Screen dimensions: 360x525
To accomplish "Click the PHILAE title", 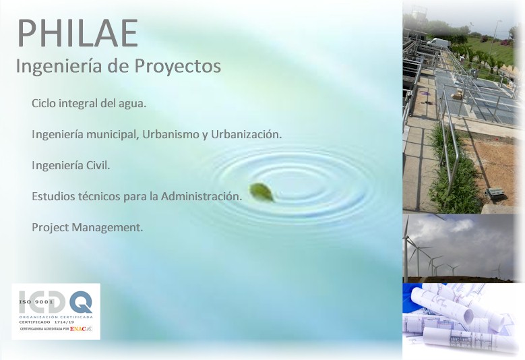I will pos(78,34).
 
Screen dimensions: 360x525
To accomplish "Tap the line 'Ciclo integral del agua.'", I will pos(89,104).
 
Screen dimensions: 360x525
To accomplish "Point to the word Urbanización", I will pos(246,134).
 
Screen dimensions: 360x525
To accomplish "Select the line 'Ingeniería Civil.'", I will pos(71,165).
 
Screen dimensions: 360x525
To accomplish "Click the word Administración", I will pos(201,196).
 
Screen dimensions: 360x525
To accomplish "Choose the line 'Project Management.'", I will pos(87,227).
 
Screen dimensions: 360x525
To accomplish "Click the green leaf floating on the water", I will pos(261,192).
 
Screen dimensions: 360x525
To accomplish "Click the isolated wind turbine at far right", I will pos(498,270).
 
